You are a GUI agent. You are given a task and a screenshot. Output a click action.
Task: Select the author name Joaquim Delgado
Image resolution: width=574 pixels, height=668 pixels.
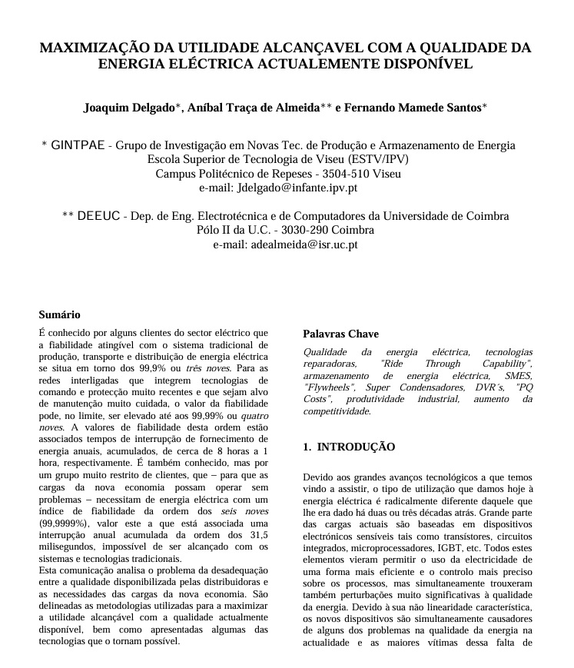129,108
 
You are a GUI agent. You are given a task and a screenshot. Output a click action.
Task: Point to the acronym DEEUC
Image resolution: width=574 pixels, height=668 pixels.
99,216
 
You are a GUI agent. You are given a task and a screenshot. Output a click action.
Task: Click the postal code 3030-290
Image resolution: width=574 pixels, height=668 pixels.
298,230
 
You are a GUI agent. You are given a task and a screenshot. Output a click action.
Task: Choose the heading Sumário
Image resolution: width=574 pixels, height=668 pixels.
59,314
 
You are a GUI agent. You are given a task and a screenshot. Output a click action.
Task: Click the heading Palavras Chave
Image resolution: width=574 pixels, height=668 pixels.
340,334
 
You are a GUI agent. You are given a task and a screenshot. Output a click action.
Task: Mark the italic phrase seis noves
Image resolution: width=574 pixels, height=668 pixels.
244,510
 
